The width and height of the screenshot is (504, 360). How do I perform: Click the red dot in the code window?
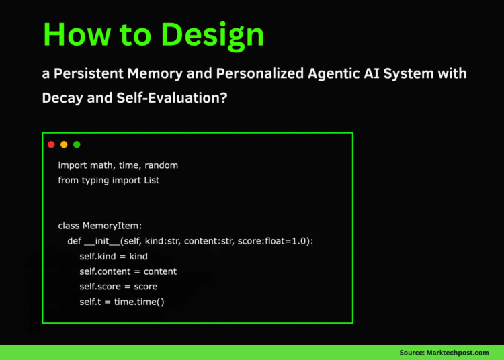(x=51, y=144)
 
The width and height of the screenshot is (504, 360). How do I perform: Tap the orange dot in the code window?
(x=64, y=144)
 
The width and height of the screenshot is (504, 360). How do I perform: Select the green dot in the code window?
(x=77, y=144)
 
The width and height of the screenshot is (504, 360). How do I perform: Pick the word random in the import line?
(x=161, y=165)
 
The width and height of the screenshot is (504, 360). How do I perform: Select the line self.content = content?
(x=128, y=271)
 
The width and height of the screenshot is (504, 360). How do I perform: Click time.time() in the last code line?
(x=138, y=302)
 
